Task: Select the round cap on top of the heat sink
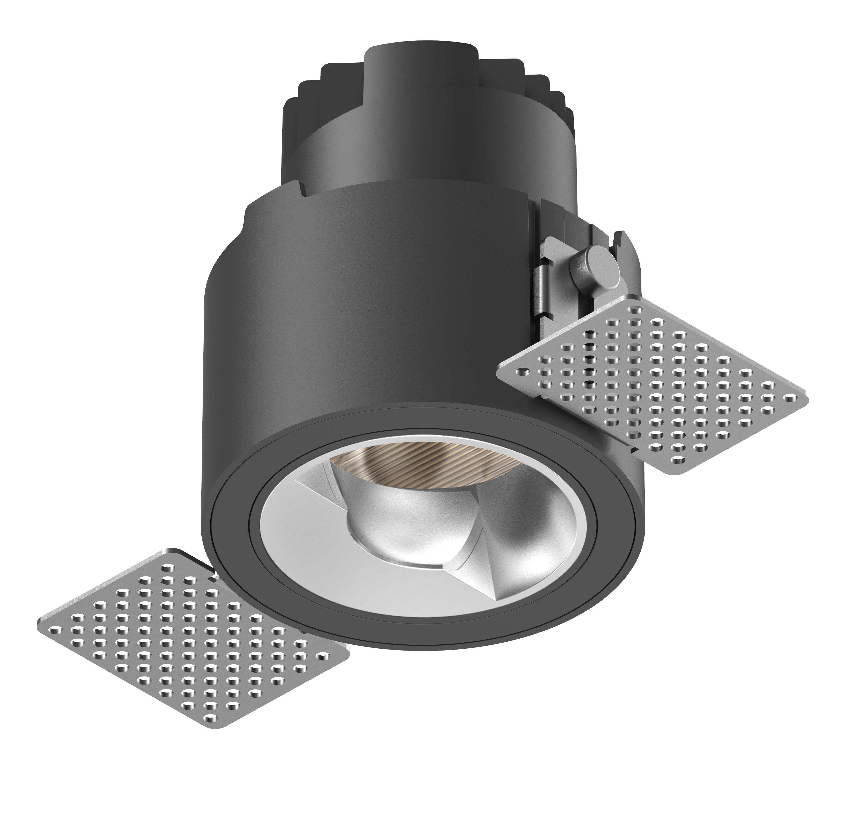click(x=419, y=57)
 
